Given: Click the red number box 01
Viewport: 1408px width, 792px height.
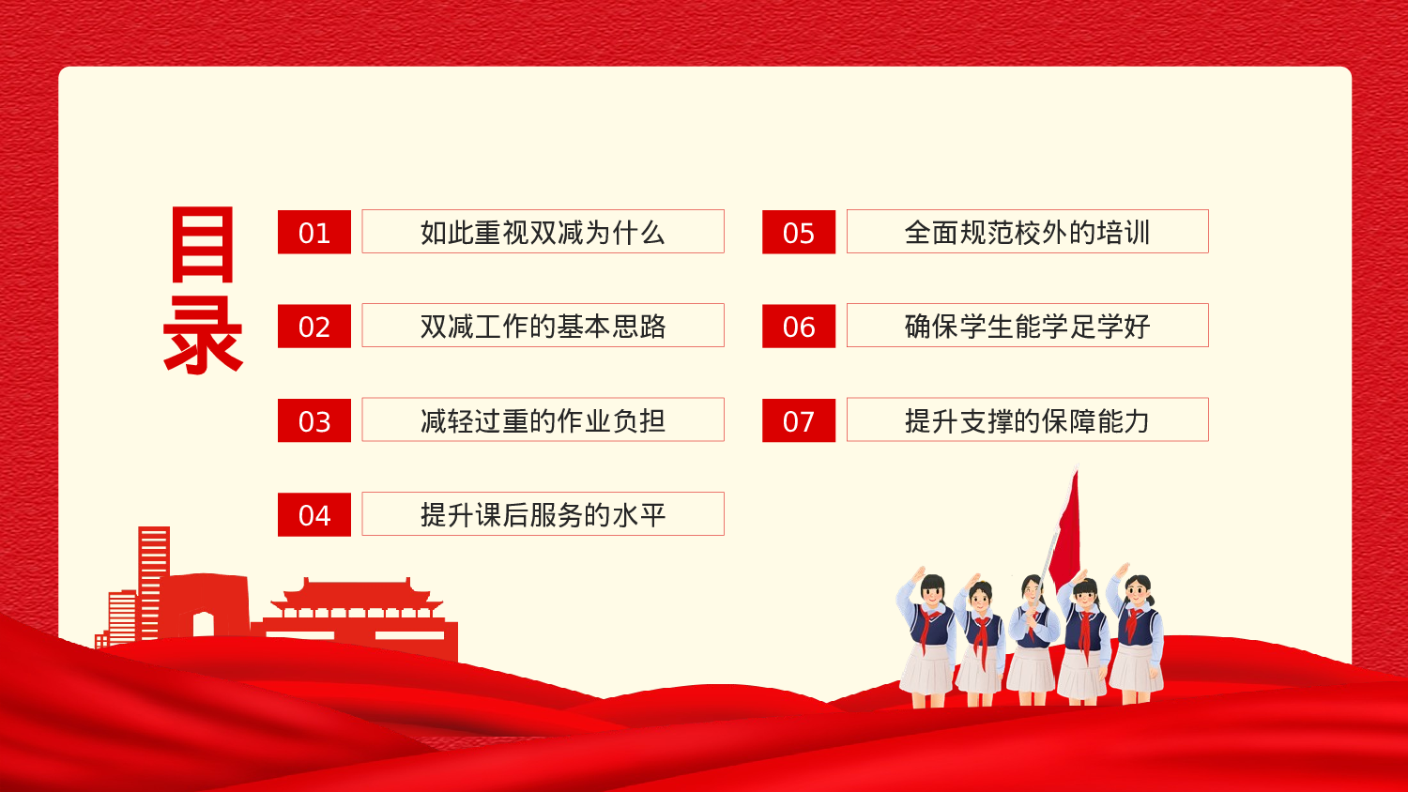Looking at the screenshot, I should [x=314, y=232].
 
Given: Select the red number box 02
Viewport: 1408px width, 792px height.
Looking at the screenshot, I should [x=314, y=326].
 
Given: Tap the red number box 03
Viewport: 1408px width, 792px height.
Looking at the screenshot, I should [x=314, y=420].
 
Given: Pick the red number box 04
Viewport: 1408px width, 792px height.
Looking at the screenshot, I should [x=314, y=514].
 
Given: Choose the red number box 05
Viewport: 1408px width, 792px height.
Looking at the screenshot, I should [x=799, y=232].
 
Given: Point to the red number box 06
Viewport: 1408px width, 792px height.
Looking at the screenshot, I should [x=799, y=326].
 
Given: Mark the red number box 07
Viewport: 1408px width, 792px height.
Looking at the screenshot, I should [x=799, y=420].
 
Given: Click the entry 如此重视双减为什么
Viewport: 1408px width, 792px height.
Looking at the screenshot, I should [x=543, y=232].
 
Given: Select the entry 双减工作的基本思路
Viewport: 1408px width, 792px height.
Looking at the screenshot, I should [x=543, y=326].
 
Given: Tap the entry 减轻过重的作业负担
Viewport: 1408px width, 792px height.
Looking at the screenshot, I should [x=543, y=420].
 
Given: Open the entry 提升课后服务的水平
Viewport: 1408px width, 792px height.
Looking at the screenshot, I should [x=543, y=514].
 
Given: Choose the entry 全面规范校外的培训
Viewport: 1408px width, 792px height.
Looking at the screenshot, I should [x=1027, y=232].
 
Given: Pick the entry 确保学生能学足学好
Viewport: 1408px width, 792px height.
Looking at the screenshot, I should [x=1027, y=326].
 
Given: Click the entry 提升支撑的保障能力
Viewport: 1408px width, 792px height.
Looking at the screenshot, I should [x=1027, y=420].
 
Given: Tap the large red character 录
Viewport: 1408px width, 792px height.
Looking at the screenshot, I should [x=203, y=335].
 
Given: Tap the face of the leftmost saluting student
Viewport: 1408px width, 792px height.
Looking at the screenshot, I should [x=931, y=594].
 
